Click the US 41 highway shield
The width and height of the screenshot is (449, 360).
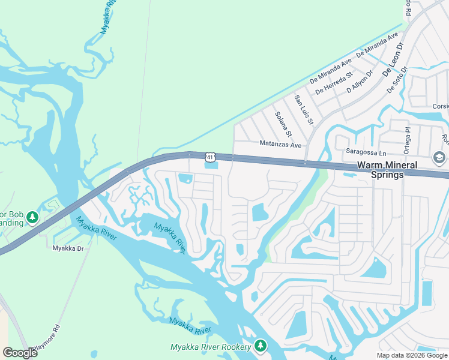[x=209, y=157]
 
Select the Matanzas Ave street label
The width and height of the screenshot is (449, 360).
[x=280, y=144]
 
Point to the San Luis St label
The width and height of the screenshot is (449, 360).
[x=304, y=110]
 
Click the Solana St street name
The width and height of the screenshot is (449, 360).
[x=283, y=124]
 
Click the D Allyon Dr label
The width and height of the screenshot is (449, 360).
[x=360, y=82]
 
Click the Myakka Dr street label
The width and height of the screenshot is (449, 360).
[x=65, y=248]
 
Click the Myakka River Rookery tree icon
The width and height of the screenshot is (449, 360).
[x=260, y=346]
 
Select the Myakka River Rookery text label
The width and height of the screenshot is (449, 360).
[x=211, y=347]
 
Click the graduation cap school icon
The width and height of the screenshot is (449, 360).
[x=439, y=157]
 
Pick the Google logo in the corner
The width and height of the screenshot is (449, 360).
[x=20, y=353]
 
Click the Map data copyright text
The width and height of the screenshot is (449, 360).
[x=412, y=355]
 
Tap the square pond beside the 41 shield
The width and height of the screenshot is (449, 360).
[x=211, y=165]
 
